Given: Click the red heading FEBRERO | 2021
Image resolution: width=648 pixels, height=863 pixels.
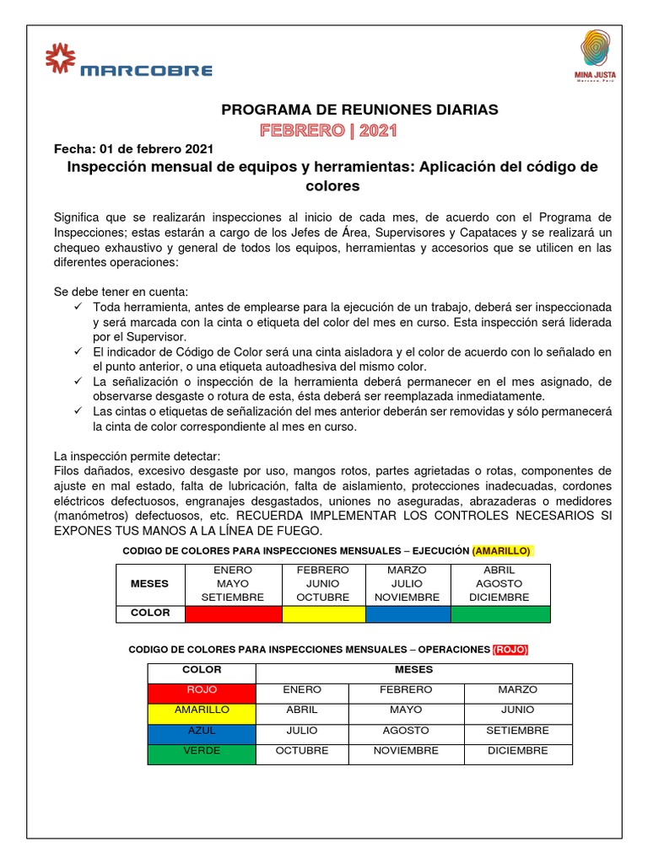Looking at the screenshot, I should pos(327,131).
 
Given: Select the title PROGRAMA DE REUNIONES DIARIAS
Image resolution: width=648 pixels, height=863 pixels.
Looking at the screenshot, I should pos(359,110).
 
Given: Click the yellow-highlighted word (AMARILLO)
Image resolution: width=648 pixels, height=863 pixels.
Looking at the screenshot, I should pos(502,550).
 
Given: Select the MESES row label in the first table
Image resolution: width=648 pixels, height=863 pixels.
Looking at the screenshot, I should pos(149,583).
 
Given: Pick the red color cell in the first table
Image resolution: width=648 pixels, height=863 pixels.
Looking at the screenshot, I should pos(232,614).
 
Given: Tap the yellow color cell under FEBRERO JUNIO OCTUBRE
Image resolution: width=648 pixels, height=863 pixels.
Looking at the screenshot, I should pos(323,614).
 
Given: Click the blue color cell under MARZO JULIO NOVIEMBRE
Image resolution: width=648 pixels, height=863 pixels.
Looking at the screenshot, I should pos(408,614).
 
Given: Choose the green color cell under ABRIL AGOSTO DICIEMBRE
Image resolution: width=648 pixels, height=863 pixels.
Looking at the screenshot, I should pos(500,614).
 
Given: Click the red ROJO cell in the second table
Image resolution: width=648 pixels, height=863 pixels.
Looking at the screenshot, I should pos(202,690).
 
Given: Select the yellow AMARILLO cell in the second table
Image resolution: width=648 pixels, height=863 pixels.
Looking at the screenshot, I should pos(202,710).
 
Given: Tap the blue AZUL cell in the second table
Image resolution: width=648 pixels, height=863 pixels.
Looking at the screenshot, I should pos(202,731).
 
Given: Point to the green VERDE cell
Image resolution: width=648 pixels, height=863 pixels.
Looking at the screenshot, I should pos(202,751).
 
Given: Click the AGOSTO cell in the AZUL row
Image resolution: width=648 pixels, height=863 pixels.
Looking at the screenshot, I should pos(406,731).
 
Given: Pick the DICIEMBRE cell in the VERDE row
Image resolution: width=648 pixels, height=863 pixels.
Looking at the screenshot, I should pos(517,751).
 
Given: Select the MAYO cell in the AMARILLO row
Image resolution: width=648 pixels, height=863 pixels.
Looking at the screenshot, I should pos(406,710).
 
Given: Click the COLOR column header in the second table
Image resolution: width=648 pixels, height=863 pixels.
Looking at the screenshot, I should pos(202,670).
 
